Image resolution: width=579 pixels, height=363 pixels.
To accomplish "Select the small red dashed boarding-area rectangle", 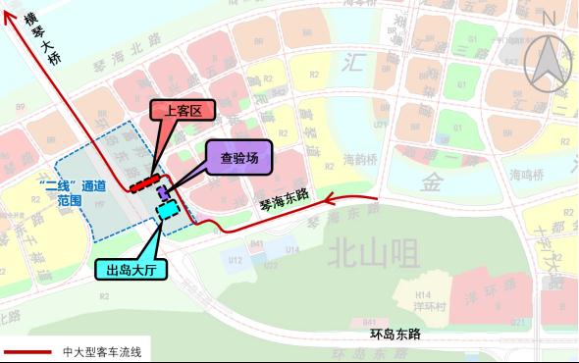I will pos(143,182).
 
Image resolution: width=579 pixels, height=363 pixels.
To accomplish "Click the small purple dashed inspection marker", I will pos(163,192).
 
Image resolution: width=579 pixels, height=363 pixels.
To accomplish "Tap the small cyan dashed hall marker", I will pos(166,208).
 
